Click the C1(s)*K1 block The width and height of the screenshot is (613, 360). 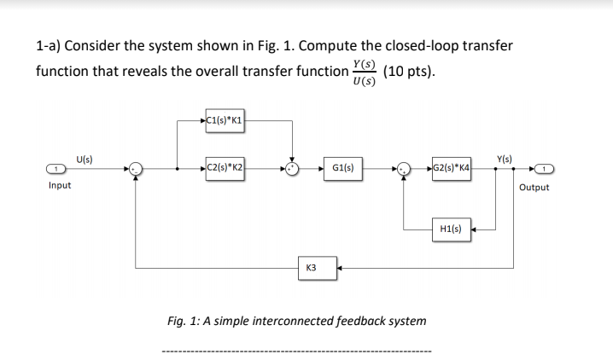(225, 121)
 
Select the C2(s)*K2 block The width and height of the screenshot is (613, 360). (225, 169)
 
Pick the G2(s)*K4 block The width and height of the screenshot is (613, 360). (452, 169)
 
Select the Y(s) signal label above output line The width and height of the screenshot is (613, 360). (505, 159)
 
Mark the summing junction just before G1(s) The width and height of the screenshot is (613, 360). (293, 170)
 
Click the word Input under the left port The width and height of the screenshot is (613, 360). (60, 186)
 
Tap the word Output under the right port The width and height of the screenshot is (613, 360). (534, 187)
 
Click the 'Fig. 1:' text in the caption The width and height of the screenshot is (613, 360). (184, 322)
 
